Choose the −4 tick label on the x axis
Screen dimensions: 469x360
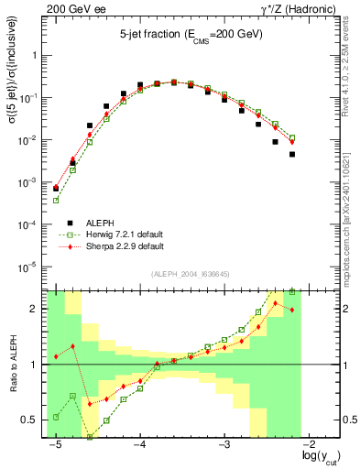tap(139, 444)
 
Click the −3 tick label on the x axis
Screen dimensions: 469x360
tap(224, 444)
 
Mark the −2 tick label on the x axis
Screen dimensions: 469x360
tap(310, 444)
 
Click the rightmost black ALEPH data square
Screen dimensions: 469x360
tap(292, 154)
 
